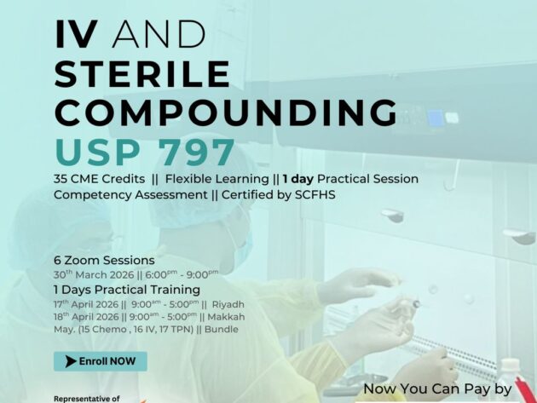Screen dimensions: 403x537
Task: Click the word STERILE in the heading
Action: [142, 75]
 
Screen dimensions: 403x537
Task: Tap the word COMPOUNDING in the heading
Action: [225, 113]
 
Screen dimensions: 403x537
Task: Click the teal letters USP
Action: [90, 153]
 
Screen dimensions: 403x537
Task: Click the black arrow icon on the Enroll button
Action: [70, 361]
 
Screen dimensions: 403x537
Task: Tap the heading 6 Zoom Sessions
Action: [104, 260]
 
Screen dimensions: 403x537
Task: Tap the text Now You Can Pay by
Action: [437, 389]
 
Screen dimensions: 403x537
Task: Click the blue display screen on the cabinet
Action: [436, 118]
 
